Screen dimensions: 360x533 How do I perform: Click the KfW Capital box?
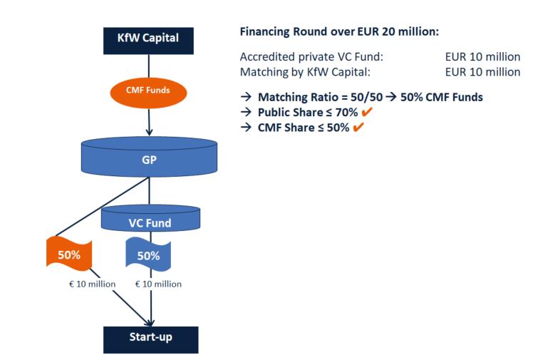point(148,38)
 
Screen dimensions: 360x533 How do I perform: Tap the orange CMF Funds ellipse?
point(148,91)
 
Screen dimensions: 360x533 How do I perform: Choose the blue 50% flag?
point(149,254)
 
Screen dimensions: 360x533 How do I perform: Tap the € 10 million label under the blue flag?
point(158,284)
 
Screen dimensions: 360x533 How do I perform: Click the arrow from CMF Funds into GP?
point(149,123)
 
